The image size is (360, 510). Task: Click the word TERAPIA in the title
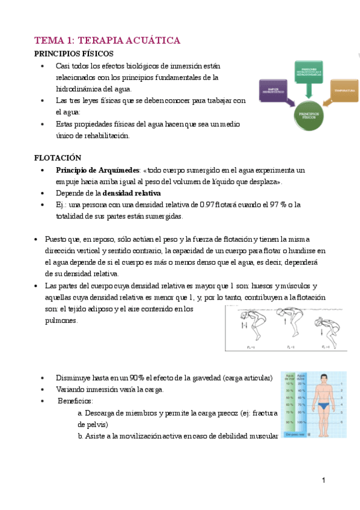coord(100,41)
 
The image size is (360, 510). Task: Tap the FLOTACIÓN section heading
coord(57,158)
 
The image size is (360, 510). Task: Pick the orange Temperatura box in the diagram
coord(343,90)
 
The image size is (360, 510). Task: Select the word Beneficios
coord(75,401)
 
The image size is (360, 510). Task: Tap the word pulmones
coord(61,321)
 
